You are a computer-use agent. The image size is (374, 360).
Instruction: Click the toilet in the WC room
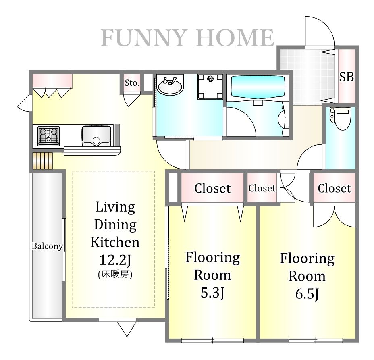coord(341,119)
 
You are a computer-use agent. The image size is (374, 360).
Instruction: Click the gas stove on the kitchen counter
coord(49,135)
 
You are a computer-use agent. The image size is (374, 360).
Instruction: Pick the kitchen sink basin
coord(96,136)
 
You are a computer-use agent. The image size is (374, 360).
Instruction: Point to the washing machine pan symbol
coord(210,86)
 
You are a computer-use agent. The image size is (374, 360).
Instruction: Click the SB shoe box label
coord(346,77)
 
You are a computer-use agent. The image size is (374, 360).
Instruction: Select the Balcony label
coord(47,246)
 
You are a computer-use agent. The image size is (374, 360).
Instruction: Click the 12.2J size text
coord(115,260)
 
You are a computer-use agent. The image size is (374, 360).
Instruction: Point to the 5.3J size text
coord(212,293)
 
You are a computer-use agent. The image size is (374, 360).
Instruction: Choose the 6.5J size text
coord(307,293)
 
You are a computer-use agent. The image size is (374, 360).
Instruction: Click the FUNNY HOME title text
coord(187,38)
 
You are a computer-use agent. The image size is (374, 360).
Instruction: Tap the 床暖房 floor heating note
coord(115,274)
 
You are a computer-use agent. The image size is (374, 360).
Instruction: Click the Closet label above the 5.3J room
coord(212,189)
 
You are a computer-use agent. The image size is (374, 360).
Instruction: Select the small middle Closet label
coord(262,188)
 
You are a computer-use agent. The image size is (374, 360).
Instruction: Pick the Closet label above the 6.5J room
coord(335,189)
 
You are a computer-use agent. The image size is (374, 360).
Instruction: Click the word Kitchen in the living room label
coord(115,242)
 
